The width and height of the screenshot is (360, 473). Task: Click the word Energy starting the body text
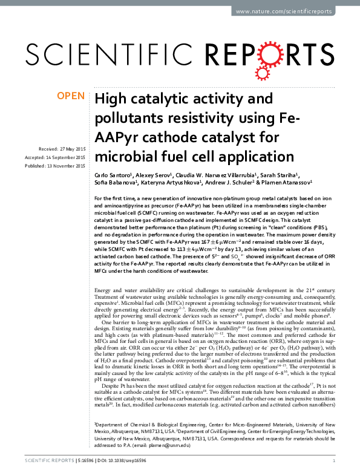[x=104, y=291]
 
